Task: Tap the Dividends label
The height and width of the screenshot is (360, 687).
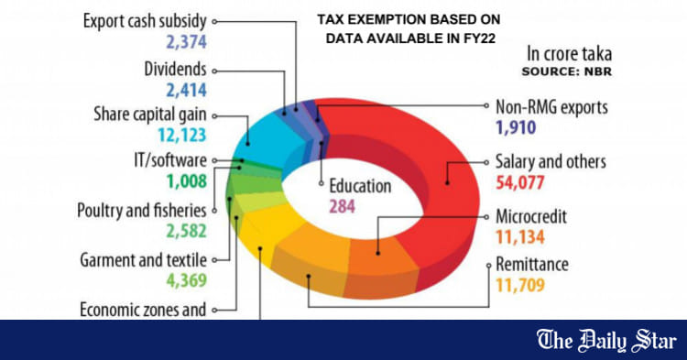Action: (x=176, y=69)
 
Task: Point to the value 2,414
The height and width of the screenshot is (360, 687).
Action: (x=187, y=90)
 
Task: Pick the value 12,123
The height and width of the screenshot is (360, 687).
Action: (x=182, y=136)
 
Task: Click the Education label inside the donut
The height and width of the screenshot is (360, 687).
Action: (x=359, y=186)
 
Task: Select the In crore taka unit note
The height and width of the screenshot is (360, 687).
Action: (x=569, y=53)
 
